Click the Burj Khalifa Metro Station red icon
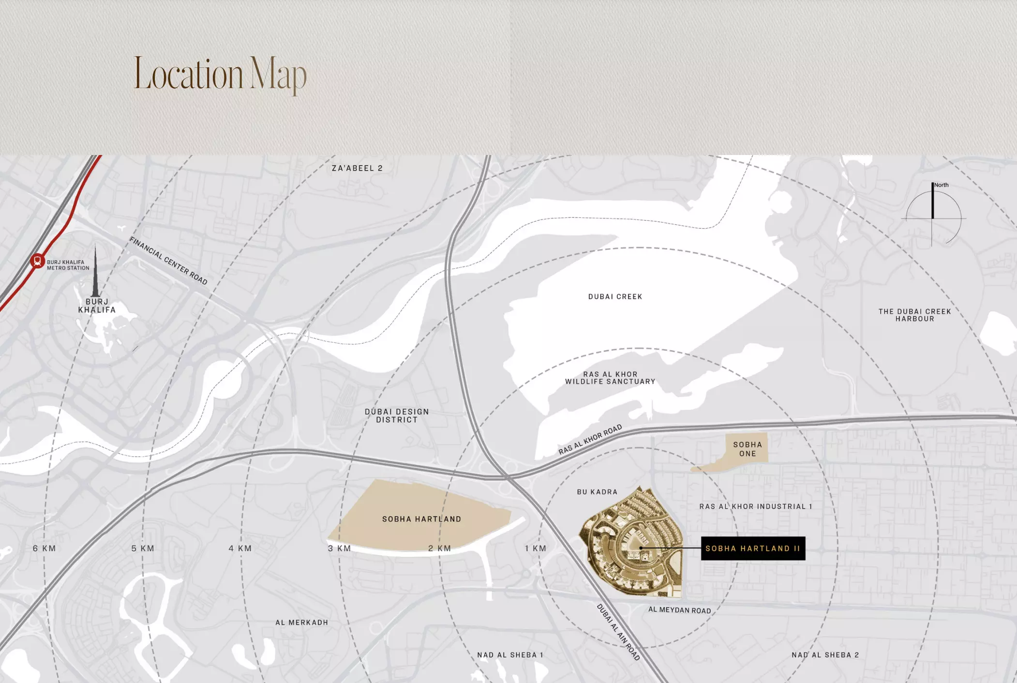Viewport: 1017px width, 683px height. click(37, 261)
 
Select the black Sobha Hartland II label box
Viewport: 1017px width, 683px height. click(753, 548)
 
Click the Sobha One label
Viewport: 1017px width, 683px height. click(748, 449)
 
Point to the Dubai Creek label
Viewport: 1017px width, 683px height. click(615, 296)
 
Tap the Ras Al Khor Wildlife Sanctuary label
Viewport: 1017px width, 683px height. click(610, 378)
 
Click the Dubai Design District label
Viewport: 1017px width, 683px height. click(397, 416)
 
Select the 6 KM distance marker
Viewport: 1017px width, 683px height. click(45, 548)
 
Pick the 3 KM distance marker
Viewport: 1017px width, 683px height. click(339, 548)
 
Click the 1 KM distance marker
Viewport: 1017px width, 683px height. click(536, 548)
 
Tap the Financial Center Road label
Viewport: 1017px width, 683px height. click(168, 261)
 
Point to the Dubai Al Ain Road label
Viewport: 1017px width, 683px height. click(618, 632)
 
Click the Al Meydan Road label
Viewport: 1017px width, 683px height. click(679, 610)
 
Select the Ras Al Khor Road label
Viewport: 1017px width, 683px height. click(590, 440)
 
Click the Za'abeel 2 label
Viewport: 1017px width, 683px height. click(357, 168)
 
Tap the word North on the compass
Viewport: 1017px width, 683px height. click(941, 185)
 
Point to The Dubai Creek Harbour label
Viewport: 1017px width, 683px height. click(914, 315)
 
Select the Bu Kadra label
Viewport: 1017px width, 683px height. click(597, 492)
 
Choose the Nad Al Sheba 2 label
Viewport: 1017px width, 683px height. click(825, 655)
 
